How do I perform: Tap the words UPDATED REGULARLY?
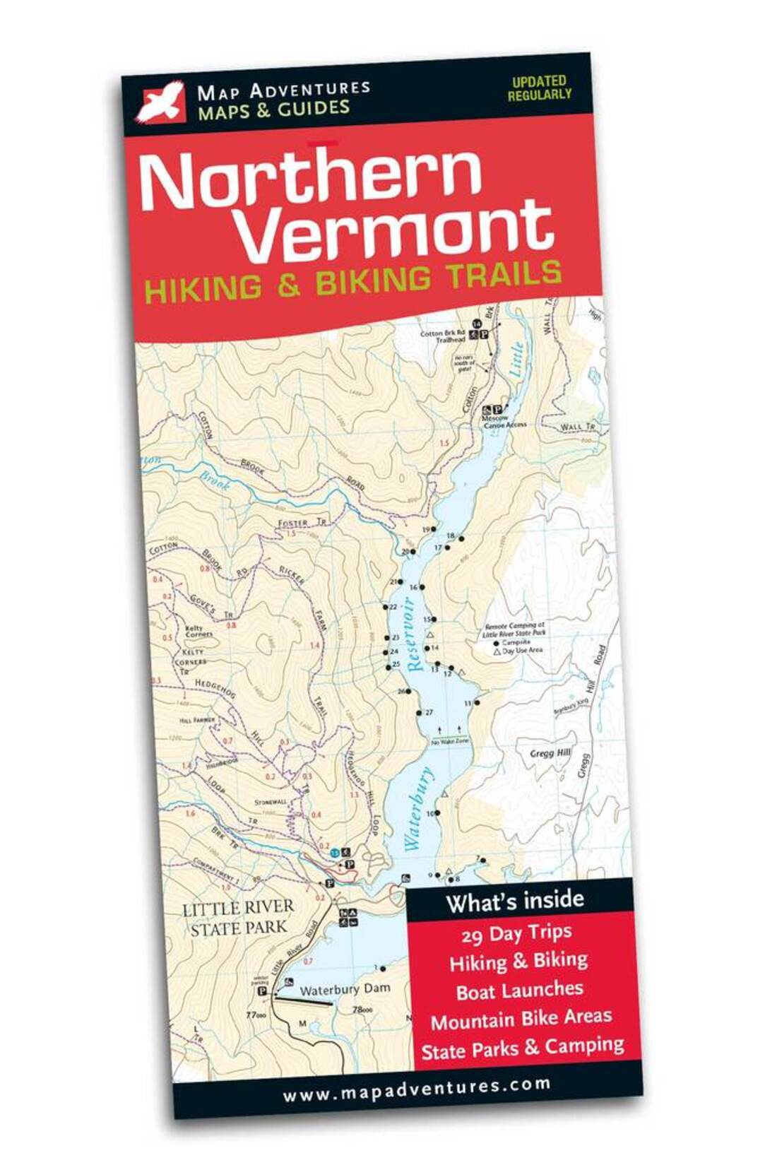click(539, 88)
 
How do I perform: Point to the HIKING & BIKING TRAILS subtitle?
click(353, 281)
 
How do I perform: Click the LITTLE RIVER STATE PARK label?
click(238, 918)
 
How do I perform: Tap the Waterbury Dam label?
click(344, 989)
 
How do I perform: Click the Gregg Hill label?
click(550, 753)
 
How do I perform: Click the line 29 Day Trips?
click(516, 934)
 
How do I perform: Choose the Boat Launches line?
click(519, 990)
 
